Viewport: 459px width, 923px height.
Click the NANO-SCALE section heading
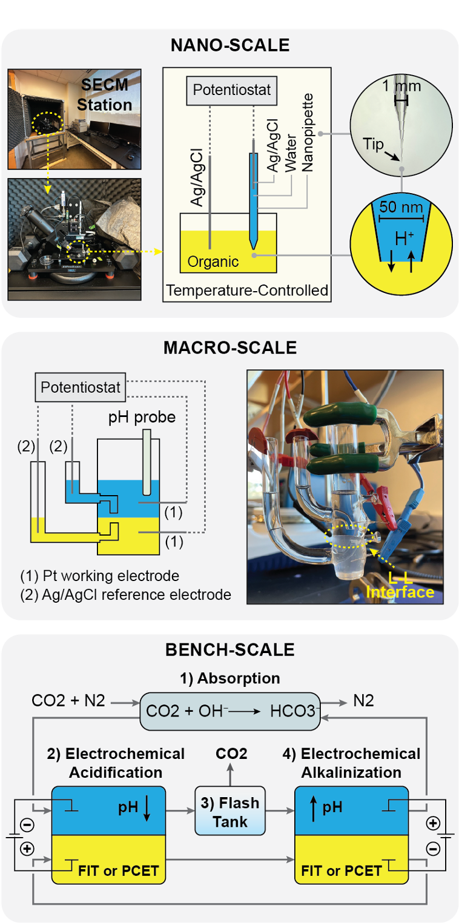(230, 45)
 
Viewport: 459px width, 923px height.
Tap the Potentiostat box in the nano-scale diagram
(231, 90)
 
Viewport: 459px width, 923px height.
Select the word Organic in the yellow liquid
(213, 262)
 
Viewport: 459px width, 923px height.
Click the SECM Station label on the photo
(105, 94)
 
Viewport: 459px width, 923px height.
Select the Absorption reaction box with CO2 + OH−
(230, 710)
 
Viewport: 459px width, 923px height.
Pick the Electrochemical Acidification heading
(115, 763)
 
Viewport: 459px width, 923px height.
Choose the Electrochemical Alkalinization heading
(351, 763)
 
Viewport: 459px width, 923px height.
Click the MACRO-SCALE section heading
(230, 348)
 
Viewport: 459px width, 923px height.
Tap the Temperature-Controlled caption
(247, 291)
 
